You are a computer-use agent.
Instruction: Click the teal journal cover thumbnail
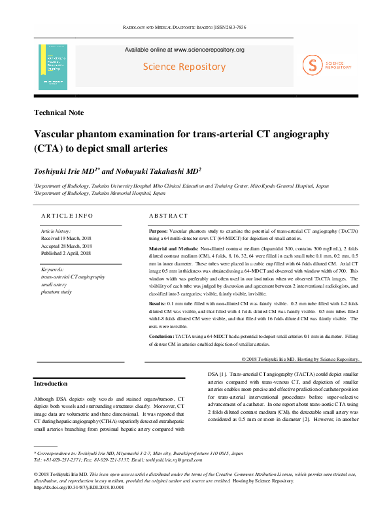[x=53, y=67]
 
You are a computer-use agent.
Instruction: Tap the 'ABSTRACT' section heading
[x=168, y=216]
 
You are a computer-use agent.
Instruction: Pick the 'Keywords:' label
[x=52, y=269]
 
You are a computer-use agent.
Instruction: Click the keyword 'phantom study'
[x=58, y=292]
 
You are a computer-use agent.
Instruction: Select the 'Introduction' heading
[x=50, y=383]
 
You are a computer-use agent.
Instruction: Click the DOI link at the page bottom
[x=78, y=487]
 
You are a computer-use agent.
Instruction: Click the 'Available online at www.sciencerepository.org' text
[x=184, y=50]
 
